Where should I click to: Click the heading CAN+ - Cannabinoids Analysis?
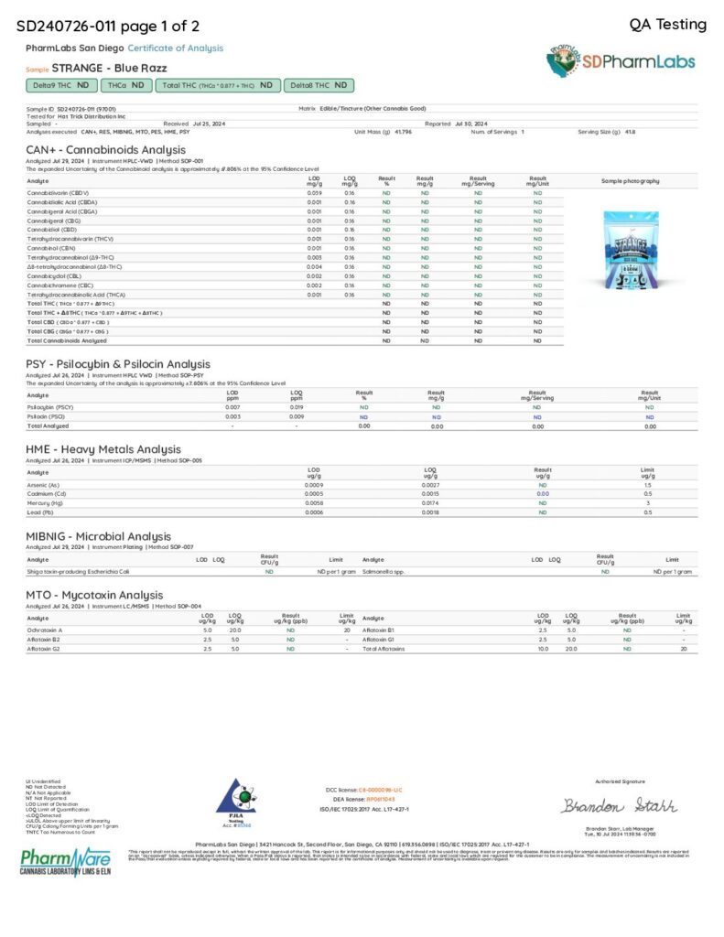105,149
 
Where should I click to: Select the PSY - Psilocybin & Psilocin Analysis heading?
117,363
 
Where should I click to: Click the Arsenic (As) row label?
44,484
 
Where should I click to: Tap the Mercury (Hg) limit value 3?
648,503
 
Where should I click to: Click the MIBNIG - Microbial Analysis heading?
97,536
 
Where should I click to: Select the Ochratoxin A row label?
45,630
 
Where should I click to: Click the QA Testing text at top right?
668,25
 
